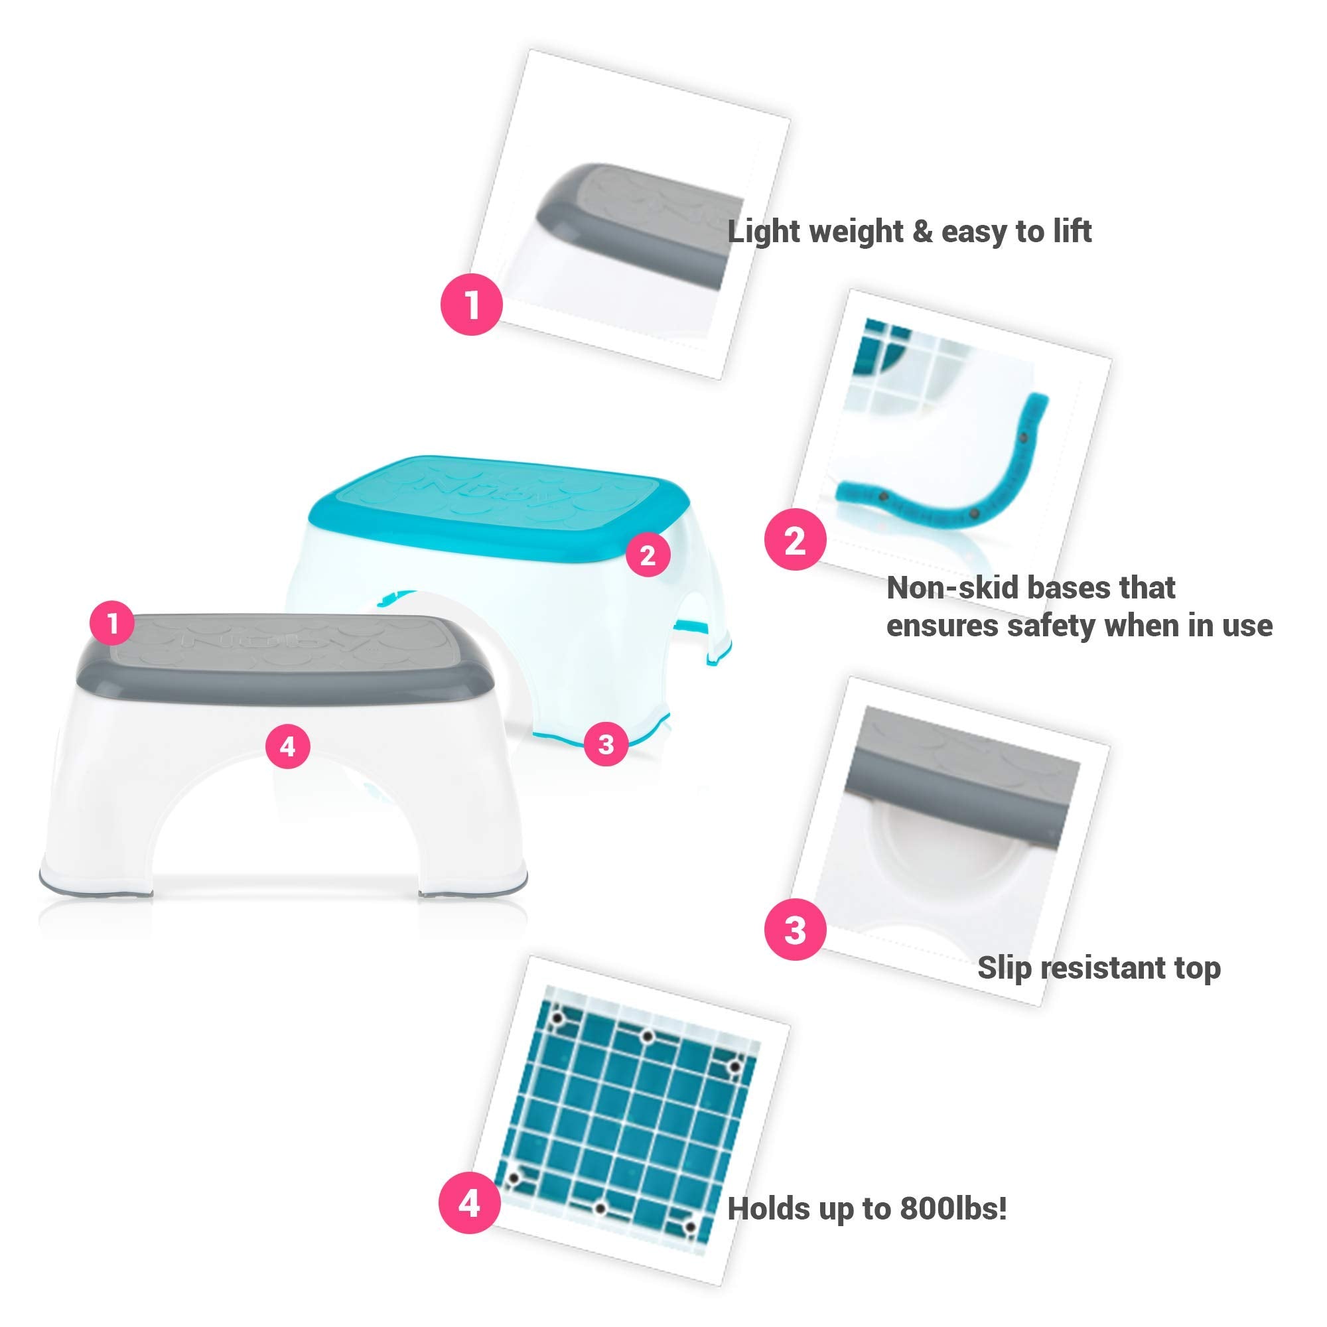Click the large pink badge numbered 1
pos(472,305)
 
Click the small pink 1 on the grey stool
pos(113,624)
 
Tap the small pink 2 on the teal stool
pos(648,555)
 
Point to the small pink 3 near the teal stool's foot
pos(606,743)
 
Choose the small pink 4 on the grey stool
pos(288,746)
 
